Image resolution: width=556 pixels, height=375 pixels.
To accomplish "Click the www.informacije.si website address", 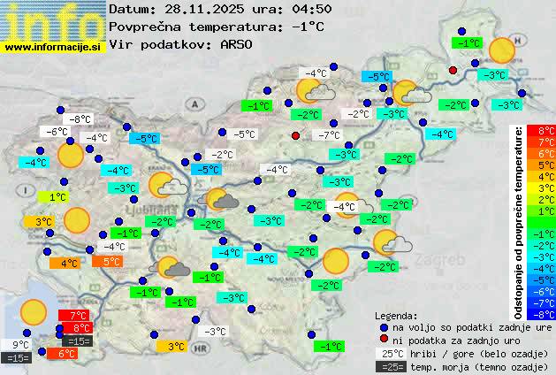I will tap(53, 47).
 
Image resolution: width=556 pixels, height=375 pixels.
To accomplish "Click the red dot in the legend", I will tap(383, 340).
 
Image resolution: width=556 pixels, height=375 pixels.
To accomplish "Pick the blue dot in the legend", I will tap(383, 326).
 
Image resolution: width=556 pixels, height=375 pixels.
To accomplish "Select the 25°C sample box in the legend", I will tap(391, 354).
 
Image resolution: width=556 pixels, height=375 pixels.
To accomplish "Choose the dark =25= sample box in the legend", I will tap(391, 366).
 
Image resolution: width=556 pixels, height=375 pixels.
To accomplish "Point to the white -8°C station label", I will tap(81, 119).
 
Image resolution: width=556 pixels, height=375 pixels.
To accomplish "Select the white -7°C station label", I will tap(329, 135).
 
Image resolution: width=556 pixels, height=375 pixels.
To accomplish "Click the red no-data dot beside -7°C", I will tap(296, 135).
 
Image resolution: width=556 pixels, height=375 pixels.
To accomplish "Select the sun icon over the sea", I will tap(34, 311).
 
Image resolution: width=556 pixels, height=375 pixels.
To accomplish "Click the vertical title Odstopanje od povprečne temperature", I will tap(519, 221).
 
